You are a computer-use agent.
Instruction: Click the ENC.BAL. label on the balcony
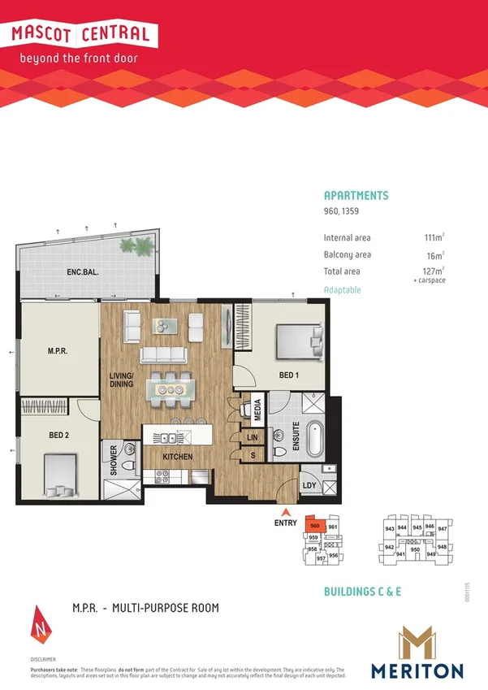[x=83, y=274]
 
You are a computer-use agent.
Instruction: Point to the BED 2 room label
[x=58, y=436]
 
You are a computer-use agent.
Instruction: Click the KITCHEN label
[x=177, y=457]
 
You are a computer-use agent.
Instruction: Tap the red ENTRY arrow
[x=285, y=513]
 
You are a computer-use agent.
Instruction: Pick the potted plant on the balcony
[x=144, y=245]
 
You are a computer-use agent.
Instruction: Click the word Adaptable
[x=342, y=290]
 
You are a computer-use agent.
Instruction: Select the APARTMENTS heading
[x=356, y=196]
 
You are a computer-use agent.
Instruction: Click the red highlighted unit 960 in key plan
[x=316, y=526]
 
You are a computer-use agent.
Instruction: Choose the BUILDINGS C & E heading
[x=362, y=592]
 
